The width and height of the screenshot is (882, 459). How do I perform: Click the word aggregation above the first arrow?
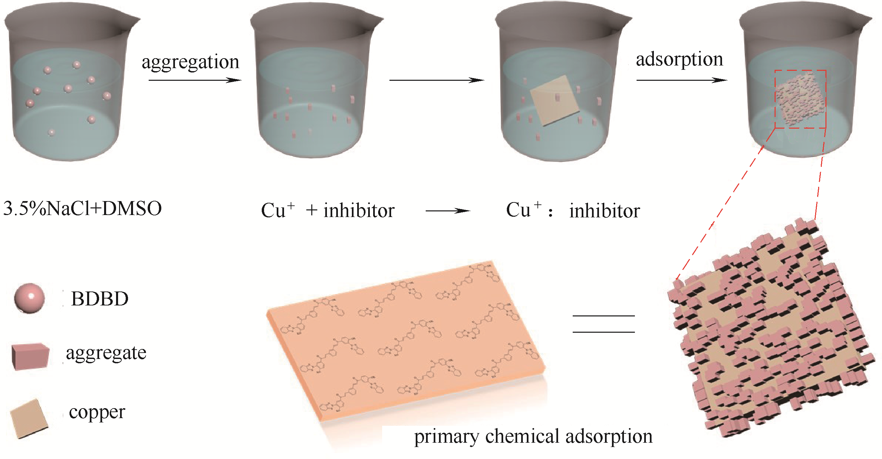pos(190,62)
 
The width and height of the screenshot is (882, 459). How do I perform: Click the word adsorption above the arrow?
pos(679,59)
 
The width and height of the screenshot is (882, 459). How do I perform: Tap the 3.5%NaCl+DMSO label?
pos(82,208)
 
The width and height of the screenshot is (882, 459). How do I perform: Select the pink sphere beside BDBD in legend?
pos(30,298)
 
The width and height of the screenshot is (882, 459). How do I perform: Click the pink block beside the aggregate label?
pos(30,356)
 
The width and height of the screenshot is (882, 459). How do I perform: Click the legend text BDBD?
pos(100,299)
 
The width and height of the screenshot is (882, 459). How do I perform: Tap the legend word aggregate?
pos(106,353)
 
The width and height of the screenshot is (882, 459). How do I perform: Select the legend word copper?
pos(97,412)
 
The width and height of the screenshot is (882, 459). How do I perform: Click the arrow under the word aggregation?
pos(195,80)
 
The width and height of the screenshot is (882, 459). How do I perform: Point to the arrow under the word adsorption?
pos(681,80)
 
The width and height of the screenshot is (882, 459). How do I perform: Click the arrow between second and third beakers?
pos(437,80)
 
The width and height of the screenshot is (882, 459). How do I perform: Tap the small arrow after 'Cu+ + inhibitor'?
pos(448,211)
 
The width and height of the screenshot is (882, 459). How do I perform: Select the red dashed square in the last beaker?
pos(800,99)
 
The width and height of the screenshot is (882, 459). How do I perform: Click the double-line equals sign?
pos(604,324)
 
